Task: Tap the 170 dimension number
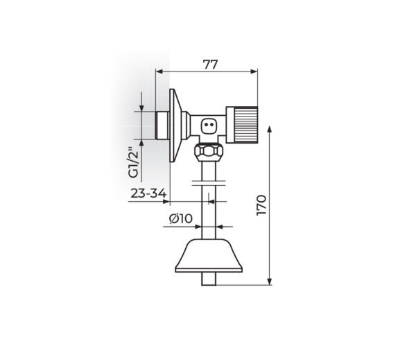click(261, 206)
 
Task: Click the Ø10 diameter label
click(180, 219)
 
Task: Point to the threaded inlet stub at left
click(162, 125)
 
